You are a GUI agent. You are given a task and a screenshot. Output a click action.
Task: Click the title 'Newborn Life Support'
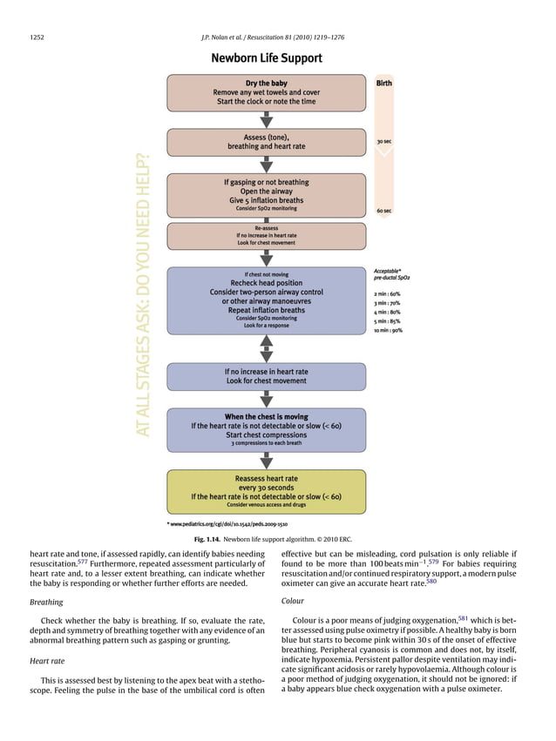click(x=266, y=59)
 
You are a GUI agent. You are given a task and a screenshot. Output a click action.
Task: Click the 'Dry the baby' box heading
click(x=266, y=84)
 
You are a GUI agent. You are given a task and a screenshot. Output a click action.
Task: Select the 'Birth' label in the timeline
click(x=383, y=84)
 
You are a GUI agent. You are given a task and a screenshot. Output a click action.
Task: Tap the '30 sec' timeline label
click(x=383, y=141)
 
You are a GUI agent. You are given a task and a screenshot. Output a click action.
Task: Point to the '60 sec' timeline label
click(x=383, y=211)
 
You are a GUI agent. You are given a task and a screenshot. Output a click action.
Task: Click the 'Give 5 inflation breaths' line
click(x=266, y=200)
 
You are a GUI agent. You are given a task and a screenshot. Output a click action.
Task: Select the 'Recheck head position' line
click(x=266, y=283)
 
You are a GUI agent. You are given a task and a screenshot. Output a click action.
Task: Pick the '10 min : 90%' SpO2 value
click(x=389, y=331)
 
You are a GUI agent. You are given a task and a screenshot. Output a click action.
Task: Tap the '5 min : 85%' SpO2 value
click(x=388, y=321)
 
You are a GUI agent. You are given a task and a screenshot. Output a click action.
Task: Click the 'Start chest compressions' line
click(x=266, y=434)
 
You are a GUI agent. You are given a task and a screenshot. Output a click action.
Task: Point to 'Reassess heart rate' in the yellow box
click(x=266, y=478)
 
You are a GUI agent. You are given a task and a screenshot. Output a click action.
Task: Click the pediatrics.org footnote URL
click(x=228, y=525)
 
